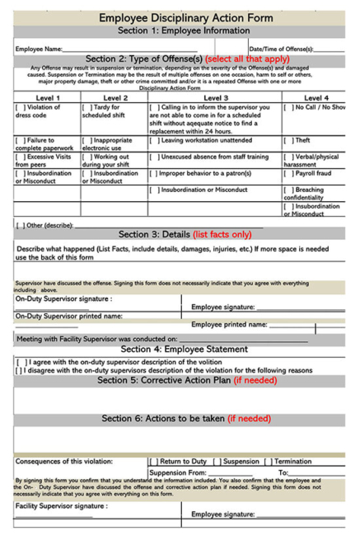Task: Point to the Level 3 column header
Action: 214,97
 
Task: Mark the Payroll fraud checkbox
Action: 288,174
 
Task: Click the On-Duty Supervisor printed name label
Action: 68,315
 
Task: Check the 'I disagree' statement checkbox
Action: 20,370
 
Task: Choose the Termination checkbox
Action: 269,462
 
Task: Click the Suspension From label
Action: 177,472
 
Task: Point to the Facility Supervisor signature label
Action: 62,505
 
